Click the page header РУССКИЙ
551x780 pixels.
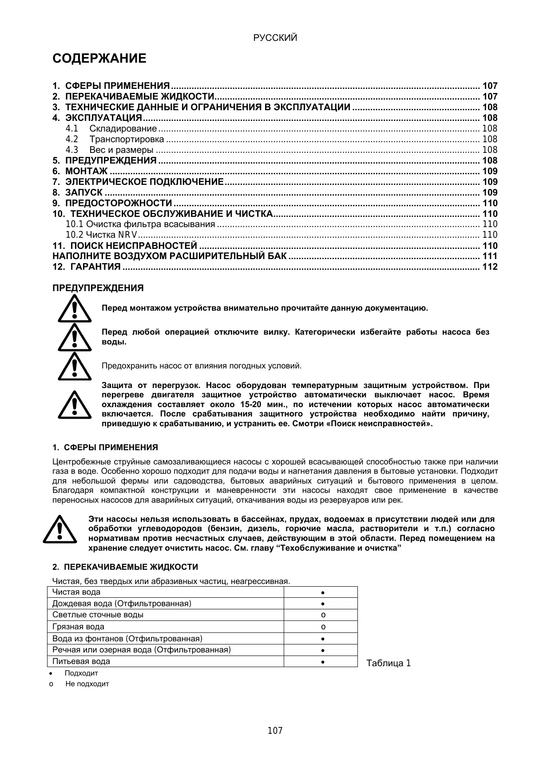[x=275, y=38]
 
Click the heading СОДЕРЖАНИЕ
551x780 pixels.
[x=99, y=59]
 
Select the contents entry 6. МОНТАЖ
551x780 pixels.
[x=86, y=171]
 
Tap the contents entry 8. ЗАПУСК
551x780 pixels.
[x=84, y=192]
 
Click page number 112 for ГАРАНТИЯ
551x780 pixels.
[x=490, y=267]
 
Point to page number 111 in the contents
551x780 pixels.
[x=490, y=256]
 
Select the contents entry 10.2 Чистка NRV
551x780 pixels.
[x=102, y=235]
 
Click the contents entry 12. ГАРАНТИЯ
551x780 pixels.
[x=87, y=267]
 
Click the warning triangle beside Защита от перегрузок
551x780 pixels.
[x=75, y=404]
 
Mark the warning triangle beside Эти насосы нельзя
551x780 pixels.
[x=60, y=529]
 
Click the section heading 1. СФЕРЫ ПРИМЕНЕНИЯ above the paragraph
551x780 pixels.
[x=105, y=447]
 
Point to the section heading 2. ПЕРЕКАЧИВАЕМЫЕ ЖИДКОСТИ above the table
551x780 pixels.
[x=125, y=567]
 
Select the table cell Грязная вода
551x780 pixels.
[x=79, y=627]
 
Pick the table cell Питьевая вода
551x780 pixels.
[x=81, y=661]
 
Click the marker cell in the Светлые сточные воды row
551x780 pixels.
[x=323, y=615]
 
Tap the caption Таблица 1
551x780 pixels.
[x=388, y=664]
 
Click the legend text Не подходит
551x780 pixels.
[x=87, y=684]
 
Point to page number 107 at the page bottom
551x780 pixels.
[x=275, y=731]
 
